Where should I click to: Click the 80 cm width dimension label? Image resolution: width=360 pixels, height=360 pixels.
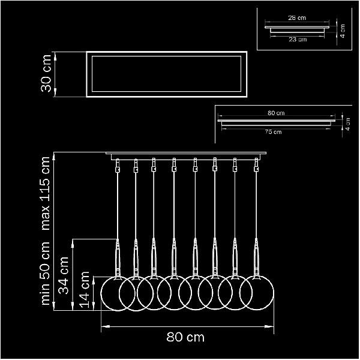coord(185,337)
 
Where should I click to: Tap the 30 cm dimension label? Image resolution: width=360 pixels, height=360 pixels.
coord(46,73)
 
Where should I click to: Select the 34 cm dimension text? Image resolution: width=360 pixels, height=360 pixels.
coord(63,275)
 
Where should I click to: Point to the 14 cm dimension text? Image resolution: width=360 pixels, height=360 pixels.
coord(84,290)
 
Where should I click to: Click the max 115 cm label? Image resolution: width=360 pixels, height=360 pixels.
coord(45,193)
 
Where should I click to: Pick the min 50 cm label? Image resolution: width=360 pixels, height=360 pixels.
coord(45,273)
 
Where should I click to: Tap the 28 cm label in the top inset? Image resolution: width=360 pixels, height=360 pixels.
coord(297,17)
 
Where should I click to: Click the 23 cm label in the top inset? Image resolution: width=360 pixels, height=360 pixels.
coord(298,40)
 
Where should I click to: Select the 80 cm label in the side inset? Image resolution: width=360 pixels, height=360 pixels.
coord(276,113)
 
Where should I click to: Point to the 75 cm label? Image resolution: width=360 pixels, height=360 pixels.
coord(273,132)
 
